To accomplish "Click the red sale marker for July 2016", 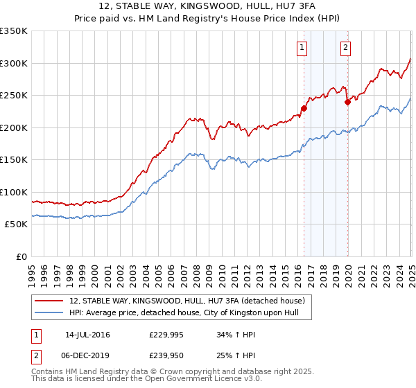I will point(304,107).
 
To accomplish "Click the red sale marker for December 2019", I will point(347,102).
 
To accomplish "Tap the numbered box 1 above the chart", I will point(303,48).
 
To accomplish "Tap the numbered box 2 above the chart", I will point(345,48).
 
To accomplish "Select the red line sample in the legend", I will point(49,301).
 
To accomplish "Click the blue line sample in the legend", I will point(49,312).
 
